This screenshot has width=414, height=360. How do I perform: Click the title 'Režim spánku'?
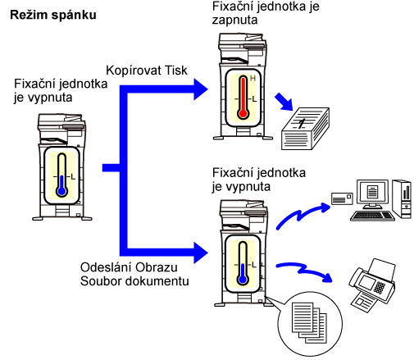tap(53, 15)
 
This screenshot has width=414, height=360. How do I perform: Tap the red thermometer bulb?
tap(243, 113)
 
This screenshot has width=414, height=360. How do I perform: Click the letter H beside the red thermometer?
tap(252, 79)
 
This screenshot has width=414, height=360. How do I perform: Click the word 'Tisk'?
tap(176, 71)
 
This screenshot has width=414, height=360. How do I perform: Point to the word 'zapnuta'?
tap(234, 21)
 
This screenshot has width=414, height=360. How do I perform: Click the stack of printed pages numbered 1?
tap(305, 129)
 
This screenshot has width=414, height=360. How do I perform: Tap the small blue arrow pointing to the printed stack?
tap(284, 102)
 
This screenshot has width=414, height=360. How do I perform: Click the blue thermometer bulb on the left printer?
tap(62, 191)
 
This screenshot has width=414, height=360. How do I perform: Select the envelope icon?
tap(342, 198)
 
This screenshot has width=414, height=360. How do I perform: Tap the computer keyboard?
tap(372, 216)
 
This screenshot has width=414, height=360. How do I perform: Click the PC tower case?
tap(402, 198)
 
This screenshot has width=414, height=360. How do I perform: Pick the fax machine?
tap(372, 285)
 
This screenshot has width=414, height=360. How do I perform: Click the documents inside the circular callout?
tap(309, 322)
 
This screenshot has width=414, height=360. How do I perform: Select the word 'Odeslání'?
tap(105, 267)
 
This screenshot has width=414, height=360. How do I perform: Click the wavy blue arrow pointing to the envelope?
tap(302, 215)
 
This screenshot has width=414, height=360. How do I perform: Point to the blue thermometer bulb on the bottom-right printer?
tap(243, 280)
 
